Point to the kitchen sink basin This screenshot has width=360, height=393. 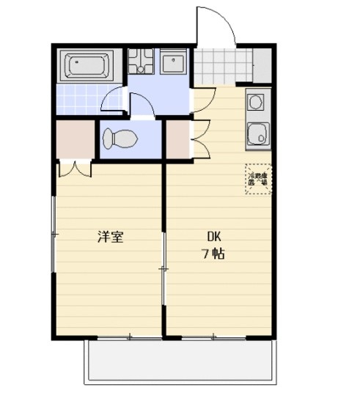[257, 133]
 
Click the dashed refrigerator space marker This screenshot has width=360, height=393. [258, 178]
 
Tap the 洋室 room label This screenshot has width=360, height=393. [111, 237]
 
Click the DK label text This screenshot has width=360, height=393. [213, 237]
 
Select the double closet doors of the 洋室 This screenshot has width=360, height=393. [76, 168]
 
